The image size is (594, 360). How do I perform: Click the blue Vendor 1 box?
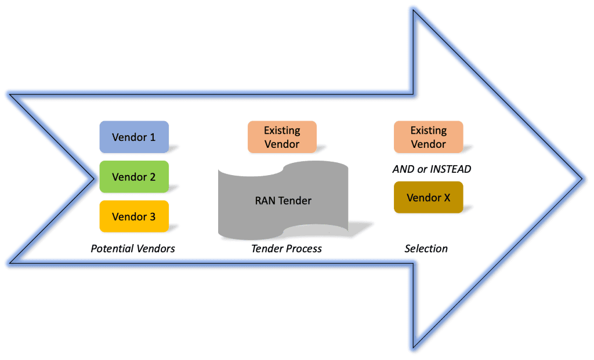134,137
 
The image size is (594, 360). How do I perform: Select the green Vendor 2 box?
134,177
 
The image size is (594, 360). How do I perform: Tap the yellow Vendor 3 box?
134,216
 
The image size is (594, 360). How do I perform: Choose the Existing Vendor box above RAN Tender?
282,137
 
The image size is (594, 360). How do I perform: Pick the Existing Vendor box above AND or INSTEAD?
428,137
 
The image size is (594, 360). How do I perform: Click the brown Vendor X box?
428,198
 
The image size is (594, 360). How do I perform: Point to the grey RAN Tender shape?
283,201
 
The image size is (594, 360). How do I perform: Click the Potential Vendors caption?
133,249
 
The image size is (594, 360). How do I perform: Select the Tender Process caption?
286,249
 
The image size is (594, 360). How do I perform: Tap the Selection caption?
426,249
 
